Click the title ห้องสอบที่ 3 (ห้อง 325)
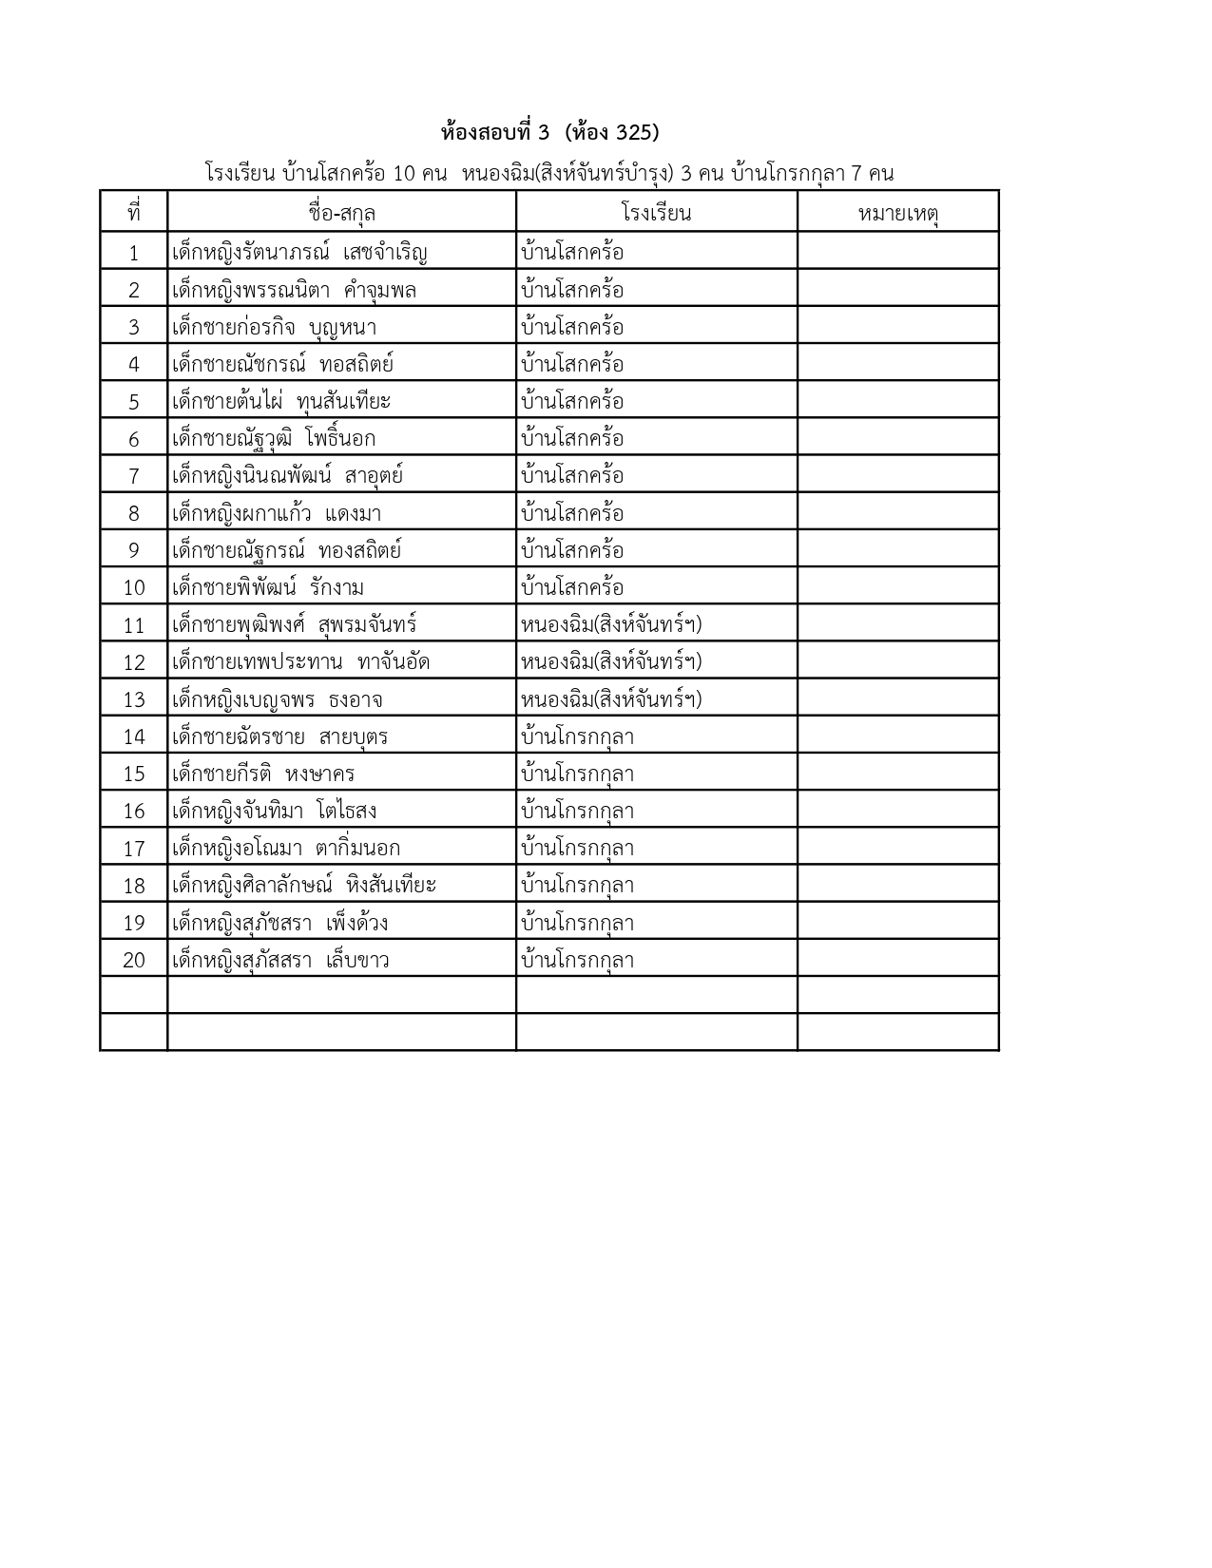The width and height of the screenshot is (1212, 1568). (550, 131)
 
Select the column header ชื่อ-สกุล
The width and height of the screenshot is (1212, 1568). (341, 213)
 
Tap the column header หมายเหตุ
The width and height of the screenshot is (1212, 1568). (897, 213)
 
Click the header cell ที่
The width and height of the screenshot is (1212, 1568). (133, 213)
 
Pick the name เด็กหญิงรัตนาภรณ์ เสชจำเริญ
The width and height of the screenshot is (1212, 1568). (299, 253)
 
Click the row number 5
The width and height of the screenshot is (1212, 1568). (133, 402)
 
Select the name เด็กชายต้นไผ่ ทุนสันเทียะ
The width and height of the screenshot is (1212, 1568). (281, 402)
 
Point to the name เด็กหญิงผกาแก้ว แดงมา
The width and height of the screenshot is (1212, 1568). (277, 514)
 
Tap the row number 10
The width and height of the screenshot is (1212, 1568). (133, 588)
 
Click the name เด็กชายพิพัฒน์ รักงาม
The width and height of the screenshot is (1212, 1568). (268, 588)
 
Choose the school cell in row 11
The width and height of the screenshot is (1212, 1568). (611, 625)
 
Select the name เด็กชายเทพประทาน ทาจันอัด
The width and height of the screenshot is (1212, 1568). (300, 662)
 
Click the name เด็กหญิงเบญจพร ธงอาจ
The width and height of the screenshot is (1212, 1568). (278, 700)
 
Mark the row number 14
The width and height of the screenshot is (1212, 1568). (133, 737)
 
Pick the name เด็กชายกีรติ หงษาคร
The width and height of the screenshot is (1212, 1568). (263, 774)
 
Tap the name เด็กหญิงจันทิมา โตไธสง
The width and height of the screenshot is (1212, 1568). (275, 812)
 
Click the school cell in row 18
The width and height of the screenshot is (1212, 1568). (577, 886)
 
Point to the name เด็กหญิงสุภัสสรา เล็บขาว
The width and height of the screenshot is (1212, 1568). (280, 961)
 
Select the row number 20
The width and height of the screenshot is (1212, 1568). (133, 961)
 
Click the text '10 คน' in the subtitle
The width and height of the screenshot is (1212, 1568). (419, 174)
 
